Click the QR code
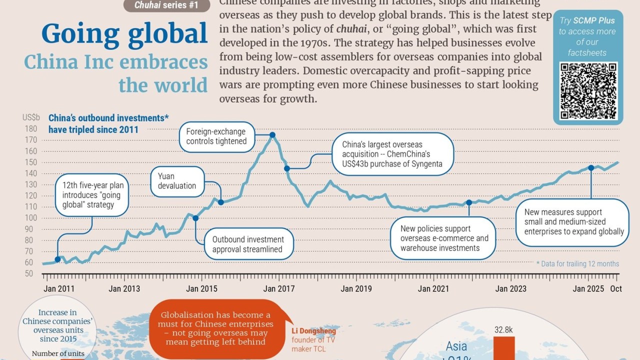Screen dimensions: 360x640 tap(588, 90)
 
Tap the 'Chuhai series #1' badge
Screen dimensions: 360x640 tap(166, 6)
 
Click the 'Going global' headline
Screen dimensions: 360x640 tap(124, 34)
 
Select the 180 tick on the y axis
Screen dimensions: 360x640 tap(30, 128)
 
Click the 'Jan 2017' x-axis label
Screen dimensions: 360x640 tap(279, 288)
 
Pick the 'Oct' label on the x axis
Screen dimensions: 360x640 tap(616, 288)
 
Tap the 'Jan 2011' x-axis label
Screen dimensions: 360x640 tap(59, 288)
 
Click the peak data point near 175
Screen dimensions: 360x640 tap(272, 135)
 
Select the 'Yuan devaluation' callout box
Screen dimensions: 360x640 tap(177, 181)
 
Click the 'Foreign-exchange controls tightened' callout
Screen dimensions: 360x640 tap(216, 136)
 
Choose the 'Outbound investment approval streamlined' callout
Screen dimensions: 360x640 tap(248, 244)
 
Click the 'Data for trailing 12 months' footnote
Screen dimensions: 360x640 tap(577, 263)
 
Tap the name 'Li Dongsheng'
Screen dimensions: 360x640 tap(313, 331)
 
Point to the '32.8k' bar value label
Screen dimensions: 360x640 tap(504, 330)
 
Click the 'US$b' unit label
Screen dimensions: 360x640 tap(31, 118)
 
